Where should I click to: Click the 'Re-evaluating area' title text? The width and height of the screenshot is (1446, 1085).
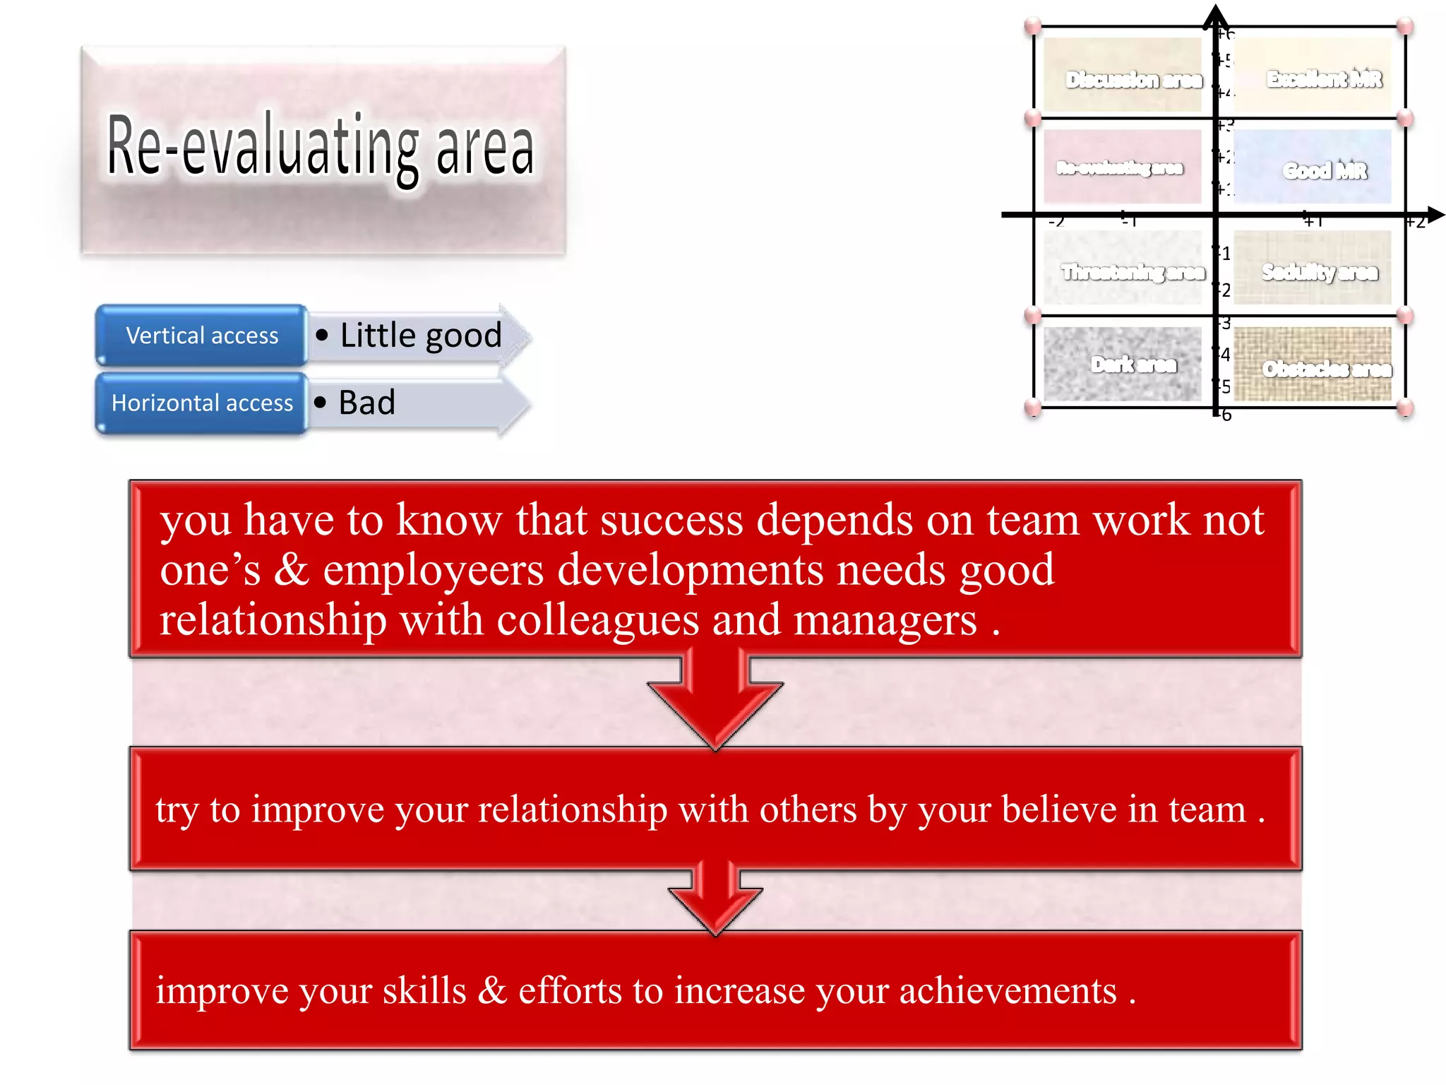point(320,147)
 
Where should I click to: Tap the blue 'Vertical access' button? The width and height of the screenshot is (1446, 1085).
point(202,336)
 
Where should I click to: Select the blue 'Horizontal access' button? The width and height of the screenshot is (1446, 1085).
point(202,403)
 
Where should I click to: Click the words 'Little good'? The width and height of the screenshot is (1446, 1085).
point(420,336)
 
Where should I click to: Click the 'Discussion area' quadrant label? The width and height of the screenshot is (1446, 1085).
point(1133,80)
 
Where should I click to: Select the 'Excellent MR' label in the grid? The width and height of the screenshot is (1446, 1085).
point(1324,79)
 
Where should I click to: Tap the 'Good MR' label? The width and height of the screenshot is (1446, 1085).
point(1325,171)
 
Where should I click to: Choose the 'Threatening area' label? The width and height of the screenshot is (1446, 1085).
point(1133,272)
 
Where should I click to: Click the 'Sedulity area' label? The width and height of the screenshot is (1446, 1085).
point(1319,272)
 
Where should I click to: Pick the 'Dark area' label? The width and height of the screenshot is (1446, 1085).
point(1133,364)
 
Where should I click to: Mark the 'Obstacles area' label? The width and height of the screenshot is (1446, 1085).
point(1326,369)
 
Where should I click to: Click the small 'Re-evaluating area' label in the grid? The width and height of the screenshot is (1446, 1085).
point(1119,168)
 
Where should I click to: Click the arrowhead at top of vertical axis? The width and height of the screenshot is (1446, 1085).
point(1216,14)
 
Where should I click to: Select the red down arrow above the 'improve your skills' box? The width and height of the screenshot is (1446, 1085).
point(715,901)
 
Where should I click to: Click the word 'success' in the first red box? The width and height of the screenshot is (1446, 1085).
point(671,521)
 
